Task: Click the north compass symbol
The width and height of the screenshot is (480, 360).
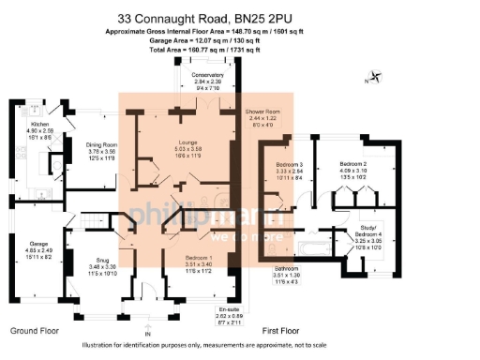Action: point(375,79)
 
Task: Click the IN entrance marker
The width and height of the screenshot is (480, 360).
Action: point(147,334)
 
